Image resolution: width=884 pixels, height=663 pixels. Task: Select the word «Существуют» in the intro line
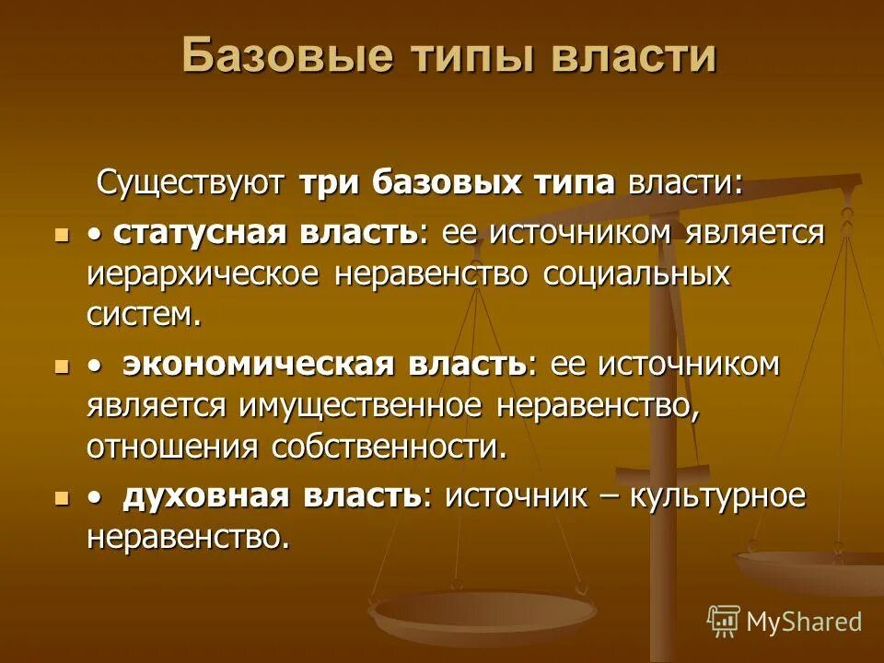coord(193,181)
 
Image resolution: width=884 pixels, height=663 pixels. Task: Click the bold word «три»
coord(331,181)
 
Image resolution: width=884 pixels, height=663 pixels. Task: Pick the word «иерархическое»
coord(202,274)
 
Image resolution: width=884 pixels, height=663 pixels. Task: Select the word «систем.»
coord(144,314)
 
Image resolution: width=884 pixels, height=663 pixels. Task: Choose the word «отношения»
coord(173,447)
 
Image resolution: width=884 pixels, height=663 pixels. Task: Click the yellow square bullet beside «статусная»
coord(62,234)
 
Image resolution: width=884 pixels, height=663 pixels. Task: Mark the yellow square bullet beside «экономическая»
coord(62,366)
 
